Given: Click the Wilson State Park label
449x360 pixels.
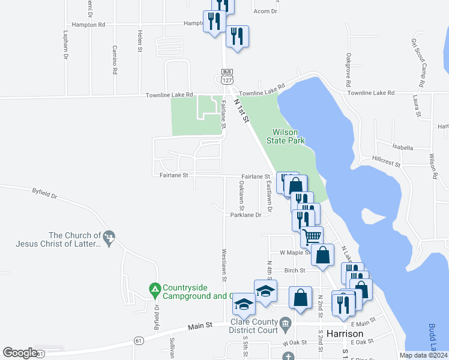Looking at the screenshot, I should click(x=289, y=136).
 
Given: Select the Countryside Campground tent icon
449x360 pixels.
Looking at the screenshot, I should click(x=154, y=289).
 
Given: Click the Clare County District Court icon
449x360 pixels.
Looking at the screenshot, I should click(x=286, y=323).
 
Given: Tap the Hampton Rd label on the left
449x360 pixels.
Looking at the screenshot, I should click(x=88, y=25).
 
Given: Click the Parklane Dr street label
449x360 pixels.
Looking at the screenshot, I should click(x=246, y=214).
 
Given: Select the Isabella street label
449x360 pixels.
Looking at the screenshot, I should click(x=403, y=147).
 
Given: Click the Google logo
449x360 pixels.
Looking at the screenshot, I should click(x=20, y=352).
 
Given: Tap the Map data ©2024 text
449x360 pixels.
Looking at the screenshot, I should click(x=423, y=355).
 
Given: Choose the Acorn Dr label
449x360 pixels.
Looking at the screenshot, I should click(x=266, y=11).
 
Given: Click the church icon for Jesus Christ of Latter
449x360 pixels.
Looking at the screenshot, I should click(x=109, y=238).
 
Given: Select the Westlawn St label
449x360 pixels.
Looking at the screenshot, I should click(x=224, y=265).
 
